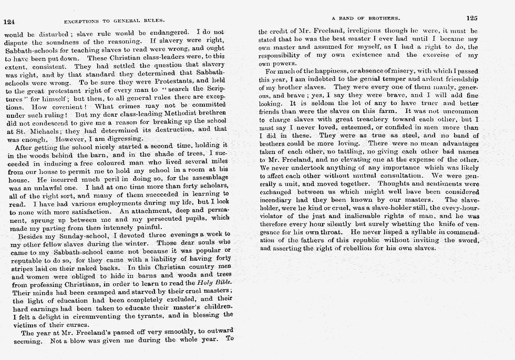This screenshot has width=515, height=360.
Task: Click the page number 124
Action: pyautogui.click(x=9, y=22)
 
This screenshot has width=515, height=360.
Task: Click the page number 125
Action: pyautogui.click(x=471, y=18)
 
